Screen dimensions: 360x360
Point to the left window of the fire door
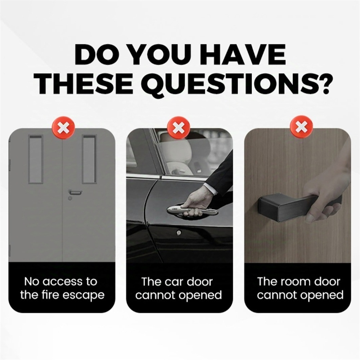[x=36, y=159]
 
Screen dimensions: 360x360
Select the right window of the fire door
[x=89, y=159]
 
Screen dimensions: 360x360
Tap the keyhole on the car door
[x=179, y=233]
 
